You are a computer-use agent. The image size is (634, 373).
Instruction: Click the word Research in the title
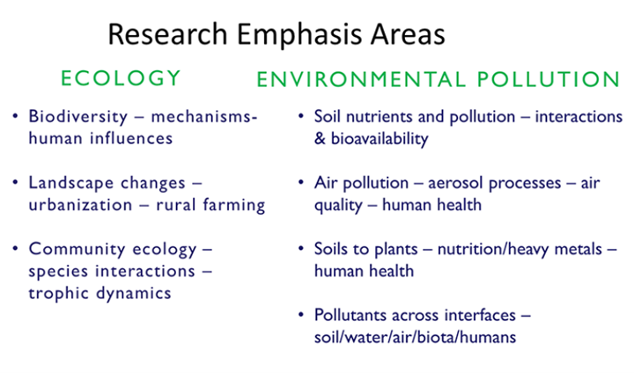coord(168,34)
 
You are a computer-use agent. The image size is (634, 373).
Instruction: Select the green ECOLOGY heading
coord(121,78)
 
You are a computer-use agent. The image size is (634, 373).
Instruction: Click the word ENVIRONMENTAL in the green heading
coord(361,79)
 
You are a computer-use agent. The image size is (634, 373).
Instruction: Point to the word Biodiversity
coord(78,117)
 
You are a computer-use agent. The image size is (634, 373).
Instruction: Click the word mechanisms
coord(202,117)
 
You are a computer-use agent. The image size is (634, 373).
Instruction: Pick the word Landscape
coord(70,183)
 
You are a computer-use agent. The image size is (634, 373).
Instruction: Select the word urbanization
coord(80,204)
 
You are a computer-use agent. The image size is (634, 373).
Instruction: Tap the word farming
coord(233,205)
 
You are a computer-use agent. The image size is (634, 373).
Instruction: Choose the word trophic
coord(58,294)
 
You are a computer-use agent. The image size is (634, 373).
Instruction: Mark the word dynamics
coord(134,294)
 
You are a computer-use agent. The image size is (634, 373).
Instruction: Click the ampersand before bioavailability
coord(320,139)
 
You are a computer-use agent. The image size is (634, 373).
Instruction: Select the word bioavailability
coord(380,139)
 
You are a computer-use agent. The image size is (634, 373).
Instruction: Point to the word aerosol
coord(454,183)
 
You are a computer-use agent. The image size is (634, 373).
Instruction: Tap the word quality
coord(338,206)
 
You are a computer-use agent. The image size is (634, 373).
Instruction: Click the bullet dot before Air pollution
coord(301,183)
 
